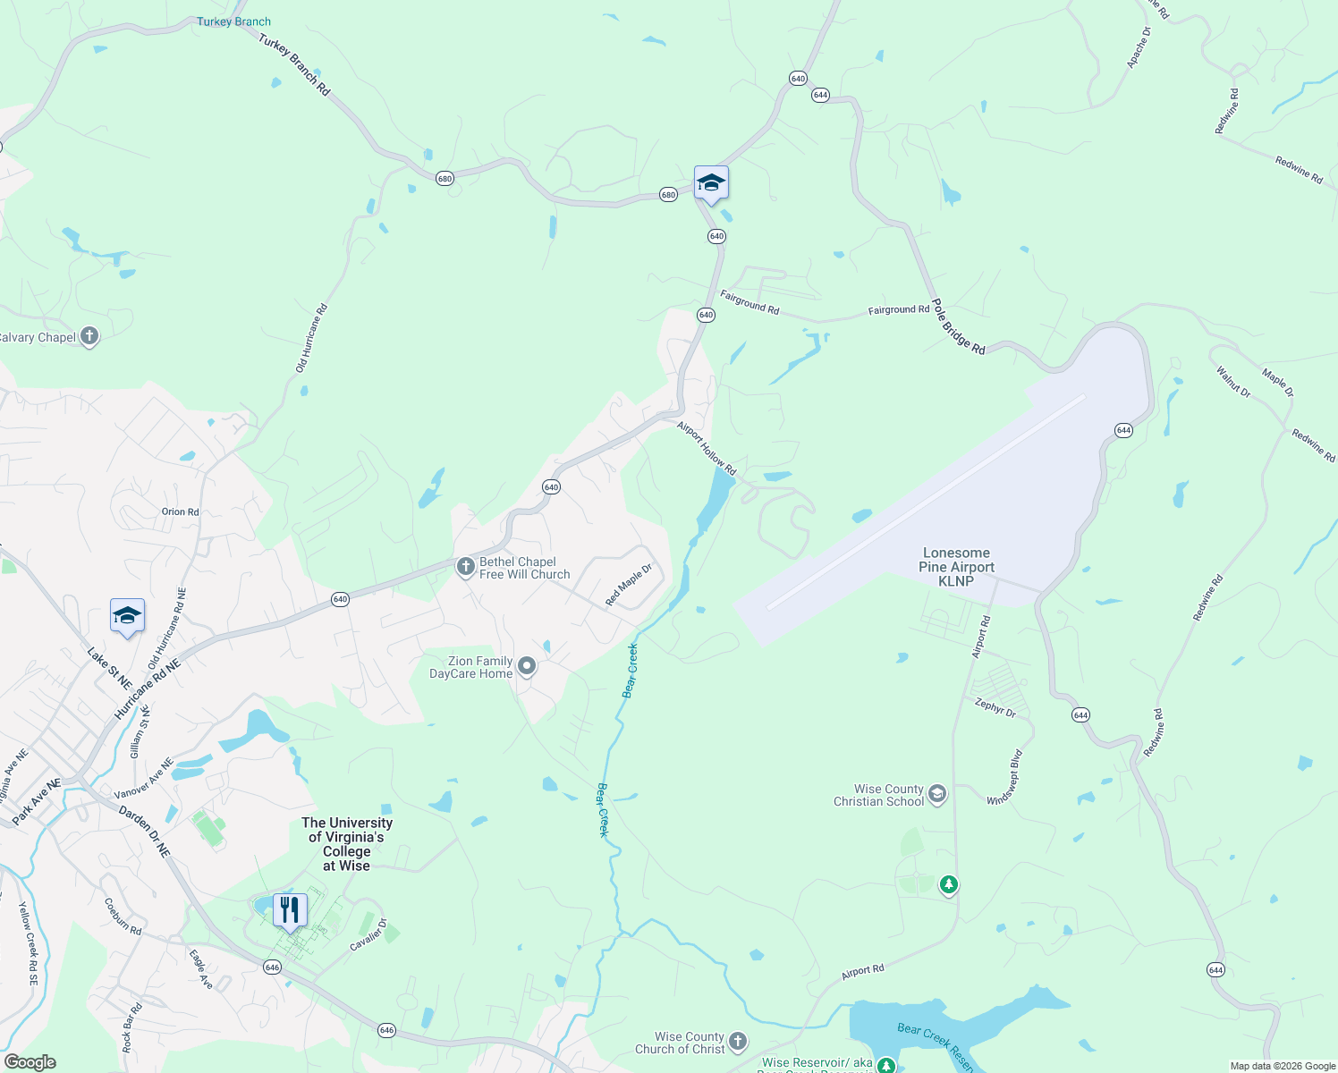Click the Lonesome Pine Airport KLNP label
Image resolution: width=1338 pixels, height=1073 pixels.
[x=956, y=567]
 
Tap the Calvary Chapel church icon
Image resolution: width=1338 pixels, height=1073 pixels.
[x=89, y=337]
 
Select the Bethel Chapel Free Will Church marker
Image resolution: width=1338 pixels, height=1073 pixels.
[x=465, y=567]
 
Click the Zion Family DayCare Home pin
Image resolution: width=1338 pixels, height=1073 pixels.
[x=527, y=666]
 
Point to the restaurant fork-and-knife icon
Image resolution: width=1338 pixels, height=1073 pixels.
[x=290, y=910]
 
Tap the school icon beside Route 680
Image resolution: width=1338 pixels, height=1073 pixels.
[x=711, y=183]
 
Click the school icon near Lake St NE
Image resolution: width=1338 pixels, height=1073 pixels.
[x=127, y=615]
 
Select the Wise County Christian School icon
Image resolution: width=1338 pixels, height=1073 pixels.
[x=937, y=794]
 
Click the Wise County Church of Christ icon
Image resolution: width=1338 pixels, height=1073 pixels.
[x=737, y=1041]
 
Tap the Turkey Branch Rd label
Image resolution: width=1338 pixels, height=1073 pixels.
[x=294, y=64]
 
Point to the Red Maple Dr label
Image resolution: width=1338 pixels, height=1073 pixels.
[x=629, y=586]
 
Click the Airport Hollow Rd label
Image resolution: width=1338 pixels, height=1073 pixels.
[x=707, y=448]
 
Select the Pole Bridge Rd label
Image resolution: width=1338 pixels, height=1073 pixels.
[x=958, y=326]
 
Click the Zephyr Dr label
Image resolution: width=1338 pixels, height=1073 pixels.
[x=995, y=707]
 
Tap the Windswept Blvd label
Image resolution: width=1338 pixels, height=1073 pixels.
[x=1004, y=777]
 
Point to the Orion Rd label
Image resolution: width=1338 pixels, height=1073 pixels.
[x=180, y=511]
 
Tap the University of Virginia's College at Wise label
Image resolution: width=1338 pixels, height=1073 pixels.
[x=347, y=844]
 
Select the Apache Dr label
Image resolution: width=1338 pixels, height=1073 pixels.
[x=1139, y=47]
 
